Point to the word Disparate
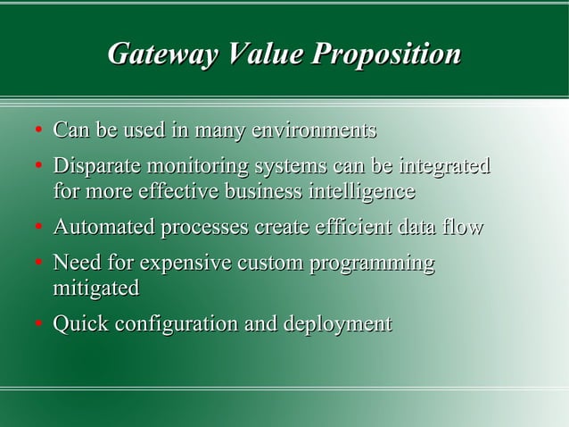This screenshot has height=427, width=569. (96, 167)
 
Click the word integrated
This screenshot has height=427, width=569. (444, 167)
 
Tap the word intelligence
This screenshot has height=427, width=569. (361, 192)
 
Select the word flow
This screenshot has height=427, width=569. (464, 228)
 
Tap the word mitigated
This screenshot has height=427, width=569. (96, 289)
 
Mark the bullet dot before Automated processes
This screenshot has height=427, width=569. (38, 230)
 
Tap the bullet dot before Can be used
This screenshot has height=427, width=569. (38, 133)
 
